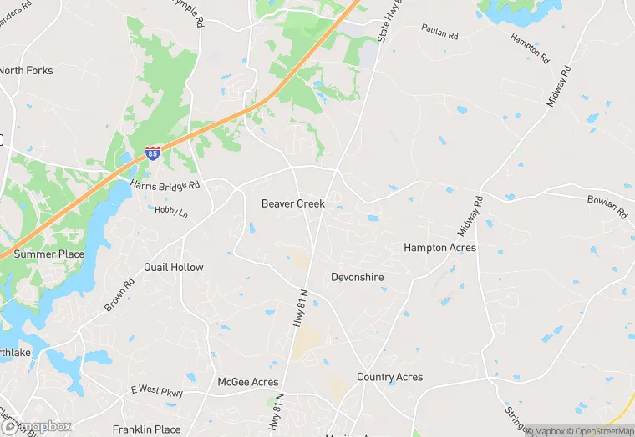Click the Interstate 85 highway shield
153,153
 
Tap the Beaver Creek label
292,203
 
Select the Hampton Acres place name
439,248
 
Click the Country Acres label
389,377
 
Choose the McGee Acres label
247,382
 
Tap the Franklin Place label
146,429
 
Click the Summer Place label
49,254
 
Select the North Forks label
27,71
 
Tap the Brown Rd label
119,294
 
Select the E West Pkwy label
156,391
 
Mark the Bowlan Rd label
607,207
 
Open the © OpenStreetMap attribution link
600,431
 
